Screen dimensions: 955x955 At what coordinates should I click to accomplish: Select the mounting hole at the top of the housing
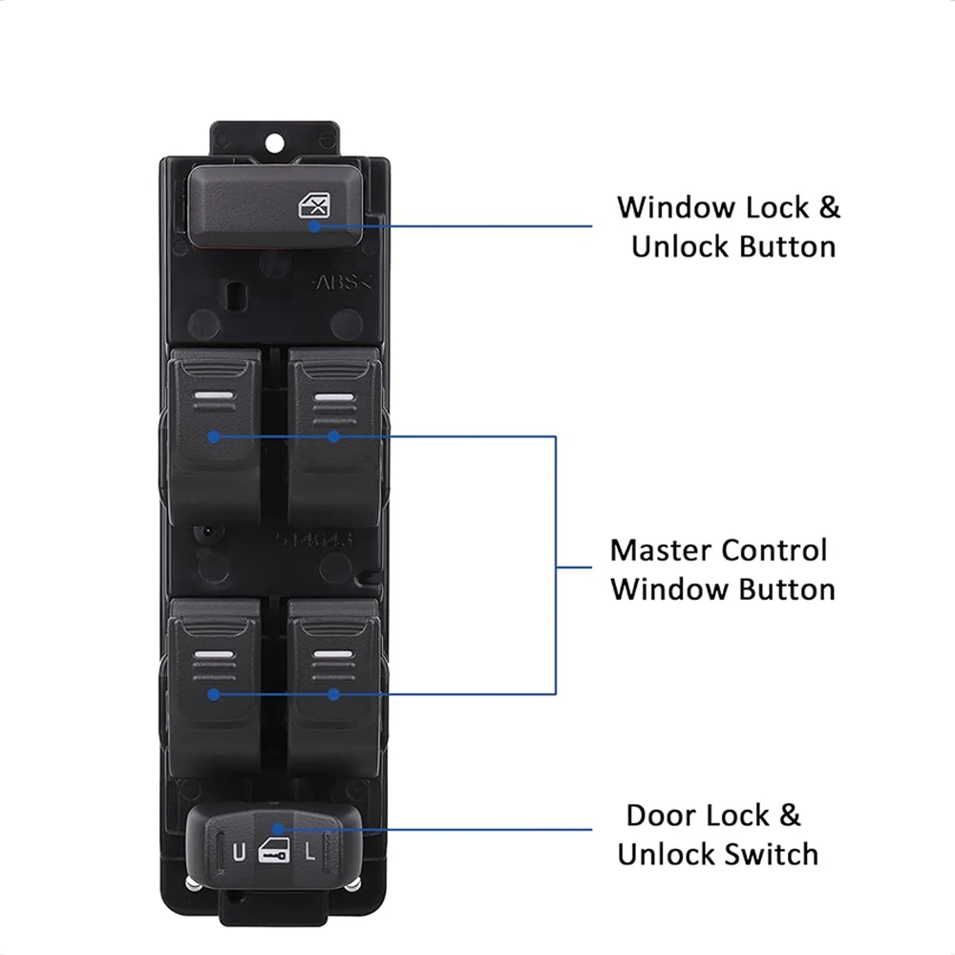click(276, 144)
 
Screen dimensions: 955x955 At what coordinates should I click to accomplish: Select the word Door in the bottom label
click(661, 816)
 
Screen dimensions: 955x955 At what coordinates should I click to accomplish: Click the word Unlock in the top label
click(680, 246)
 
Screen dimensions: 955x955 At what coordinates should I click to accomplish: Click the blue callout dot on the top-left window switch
click(214, 436)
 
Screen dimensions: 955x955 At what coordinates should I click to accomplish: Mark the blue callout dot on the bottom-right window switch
click(332, 694)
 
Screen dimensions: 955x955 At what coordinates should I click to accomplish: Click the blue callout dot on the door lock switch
click(276, 829)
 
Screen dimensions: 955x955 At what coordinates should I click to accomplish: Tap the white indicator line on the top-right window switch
click(332, 397)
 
